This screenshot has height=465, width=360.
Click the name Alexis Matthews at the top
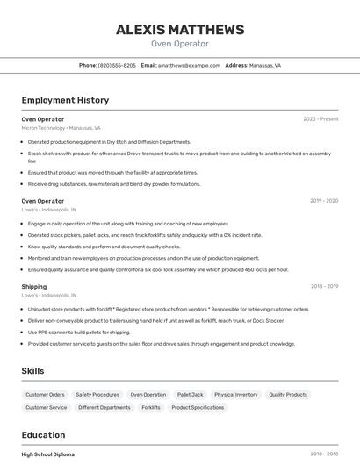pyautogui.click(x=180, y=29)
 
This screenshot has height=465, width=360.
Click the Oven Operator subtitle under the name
pyautogui.click(x=180, y=44)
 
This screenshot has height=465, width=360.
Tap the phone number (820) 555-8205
pyautogui.click(x=117, y=65)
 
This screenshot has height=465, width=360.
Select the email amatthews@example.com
pyautogui.click(x=189, y=65)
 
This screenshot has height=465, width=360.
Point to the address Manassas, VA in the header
pyautogui.click(x=264, y=65)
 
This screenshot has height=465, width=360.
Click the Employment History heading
pyautogui.click(x=65, y=100)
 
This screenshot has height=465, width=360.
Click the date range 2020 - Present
pyautogui.click(x=320, y=119)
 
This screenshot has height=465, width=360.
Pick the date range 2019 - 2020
pyautogui.click(x=324, y=201)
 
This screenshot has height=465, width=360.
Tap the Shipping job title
pyautogui.click(x=34, y=286)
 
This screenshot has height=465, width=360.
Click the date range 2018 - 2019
pyautogui.click(x=324, y=286)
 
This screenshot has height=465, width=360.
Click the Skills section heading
pyautogui.click(x=32, y=371)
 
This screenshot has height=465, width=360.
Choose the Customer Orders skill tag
pyautogui.click(x=45, y=395)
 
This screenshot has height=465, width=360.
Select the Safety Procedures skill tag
pyautogui.click(x=97, y=395)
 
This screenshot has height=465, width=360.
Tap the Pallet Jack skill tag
pyautogui.click(x=190, y=395)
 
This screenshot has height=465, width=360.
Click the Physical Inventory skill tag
pyautogui.click(x=236, y=395)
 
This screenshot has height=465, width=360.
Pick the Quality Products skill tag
pyautogui.click(x=288, y=395)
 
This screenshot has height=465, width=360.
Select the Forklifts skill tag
pyautogui.click(x=151, y=408)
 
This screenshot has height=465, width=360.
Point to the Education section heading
pyautogui.click(x=43, y=435)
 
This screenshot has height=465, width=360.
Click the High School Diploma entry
pyautogui.click(x=48, y=454)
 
